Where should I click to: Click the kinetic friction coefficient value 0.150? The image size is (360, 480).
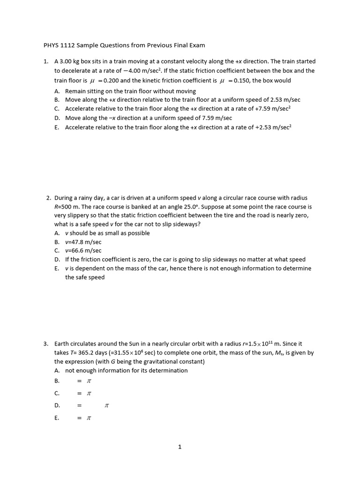pos(240,80)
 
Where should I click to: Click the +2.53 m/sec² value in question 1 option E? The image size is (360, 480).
pos(271,127)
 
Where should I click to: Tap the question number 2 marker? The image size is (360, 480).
pos(48,198)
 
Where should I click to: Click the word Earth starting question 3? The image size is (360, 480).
pos(62,344)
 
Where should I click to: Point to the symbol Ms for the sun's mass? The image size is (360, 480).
pos(262,352)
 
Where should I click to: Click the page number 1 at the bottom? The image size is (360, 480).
pos(180,447)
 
